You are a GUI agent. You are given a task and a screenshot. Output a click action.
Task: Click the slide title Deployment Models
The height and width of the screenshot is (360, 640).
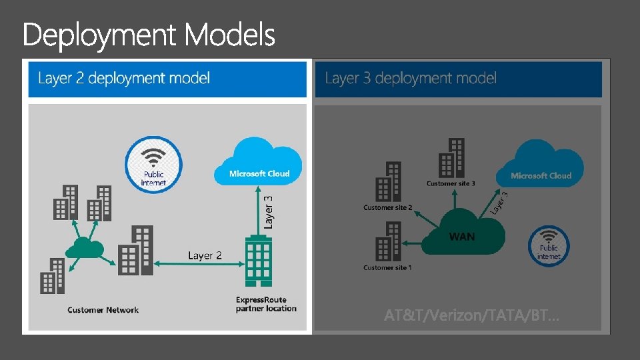149,35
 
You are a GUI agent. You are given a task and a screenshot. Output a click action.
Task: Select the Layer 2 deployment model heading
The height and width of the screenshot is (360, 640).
124,79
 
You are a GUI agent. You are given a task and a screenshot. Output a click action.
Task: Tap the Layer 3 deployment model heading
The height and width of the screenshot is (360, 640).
411,79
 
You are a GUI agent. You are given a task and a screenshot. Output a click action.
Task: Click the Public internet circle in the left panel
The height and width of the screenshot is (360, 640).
153,165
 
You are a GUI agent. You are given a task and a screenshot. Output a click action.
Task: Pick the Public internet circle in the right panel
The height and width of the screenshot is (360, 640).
549,245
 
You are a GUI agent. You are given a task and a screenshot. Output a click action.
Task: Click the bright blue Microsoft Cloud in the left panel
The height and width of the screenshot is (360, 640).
259,162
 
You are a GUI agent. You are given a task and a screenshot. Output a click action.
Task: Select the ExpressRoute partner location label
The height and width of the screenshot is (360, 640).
266,304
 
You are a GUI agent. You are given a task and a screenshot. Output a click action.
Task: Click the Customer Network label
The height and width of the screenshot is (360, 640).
103,310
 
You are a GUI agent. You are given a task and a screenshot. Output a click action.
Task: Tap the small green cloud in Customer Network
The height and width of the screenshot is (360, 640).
85,249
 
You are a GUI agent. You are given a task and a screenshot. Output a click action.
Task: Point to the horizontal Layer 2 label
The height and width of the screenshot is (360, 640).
205,255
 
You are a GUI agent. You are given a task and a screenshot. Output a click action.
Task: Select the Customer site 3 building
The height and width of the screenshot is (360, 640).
452,158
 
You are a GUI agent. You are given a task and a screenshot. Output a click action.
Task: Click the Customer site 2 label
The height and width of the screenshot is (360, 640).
387,207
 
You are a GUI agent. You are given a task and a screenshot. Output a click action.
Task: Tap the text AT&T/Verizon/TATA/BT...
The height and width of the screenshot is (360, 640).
472,315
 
